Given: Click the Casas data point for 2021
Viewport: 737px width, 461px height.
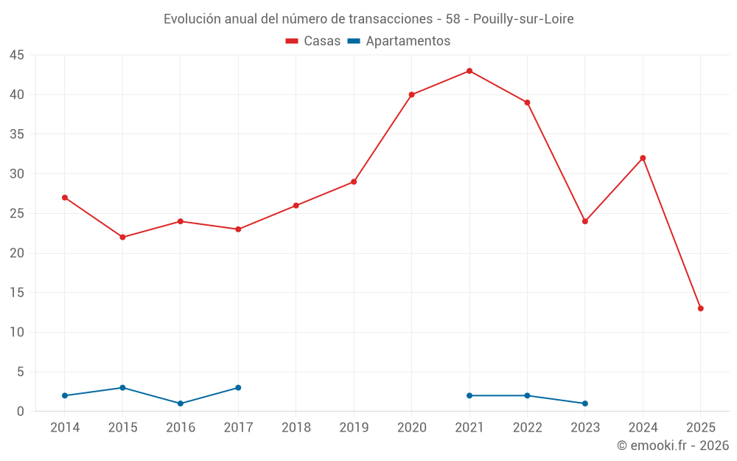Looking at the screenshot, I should tap(469, 71).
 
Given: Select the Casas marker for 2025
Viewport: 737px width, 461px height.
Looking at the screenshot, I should tap(701, 308).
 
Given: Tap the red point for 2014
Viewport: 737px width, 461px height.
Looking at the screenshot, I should tap(65, 198).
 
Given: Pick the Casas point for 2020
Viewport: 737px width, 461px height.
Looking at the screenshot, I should tap(411, 94).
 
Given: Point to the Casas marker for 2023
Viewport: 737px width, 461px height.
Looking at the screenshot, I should tap(585, 221).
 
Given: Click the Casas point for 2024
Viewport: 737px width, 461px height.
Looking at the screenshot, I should tap(643, 158).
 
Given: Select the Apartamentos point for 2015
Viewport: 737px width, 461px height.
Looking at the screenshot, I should tap(122, 388).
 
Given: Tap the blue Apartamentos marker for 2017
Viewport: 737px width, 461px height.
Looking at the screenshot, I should tap(238, 388).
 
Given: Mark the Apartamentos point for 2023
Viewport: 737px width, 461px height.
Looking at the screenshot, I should tap(585, 403).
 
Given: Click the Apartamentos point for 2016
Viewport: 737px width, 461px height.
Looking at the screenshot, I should tap(181, 403).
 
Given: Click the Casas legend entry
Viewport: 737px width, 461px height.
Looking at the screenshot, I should tap(313, 41).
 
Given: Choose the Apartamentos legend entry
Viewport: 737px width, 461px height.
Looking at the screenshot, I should tap(399, 41).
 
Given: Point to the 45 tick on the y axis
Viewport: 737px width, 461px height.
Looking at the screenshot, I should tap(17, 55).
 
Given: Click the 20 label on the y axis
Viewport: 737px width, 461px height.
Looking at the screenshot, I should tap(17, 253).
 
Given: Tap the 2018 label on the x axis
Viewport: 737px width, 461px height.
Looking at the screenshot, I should tap(296, 428).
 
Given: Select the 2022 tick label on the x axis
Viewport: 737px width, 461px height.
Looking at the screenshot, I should tap(528, 428).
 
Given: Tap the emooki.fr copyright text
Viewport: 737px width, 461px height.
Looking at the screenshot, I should tap(673, 446).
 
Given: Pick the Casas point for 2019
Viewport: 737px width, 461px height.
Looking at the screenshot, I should tap(354, 181).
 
